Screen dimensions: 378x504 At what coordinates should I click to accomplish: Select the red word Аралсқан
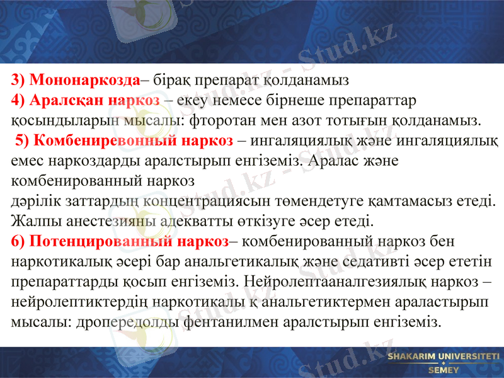(69, 100)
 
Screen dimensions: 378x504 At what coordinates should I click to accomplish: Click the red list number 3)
(19, 80)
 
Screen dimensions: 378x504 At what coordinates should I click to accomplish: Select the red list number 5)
(23, 140)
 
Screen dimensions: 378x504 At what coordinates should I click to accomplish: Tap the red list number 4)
(19, 100)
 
